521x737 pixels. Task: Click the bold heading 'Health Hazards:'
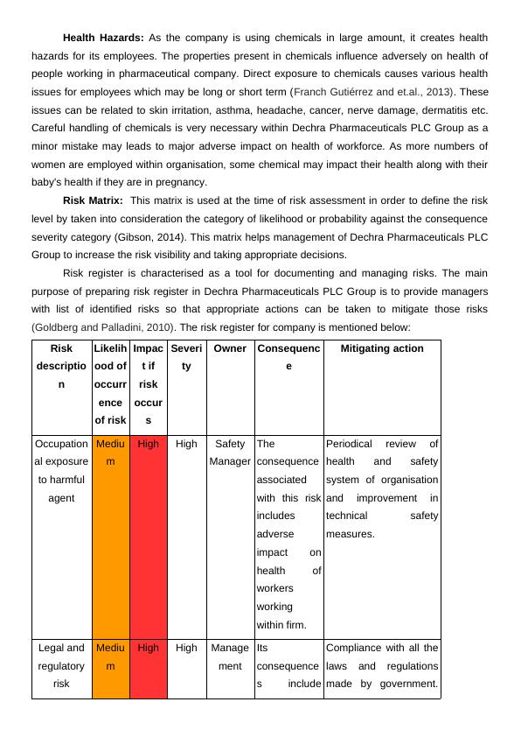[104, 38]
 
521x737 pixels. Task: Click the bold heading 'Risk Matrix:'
[92, 200]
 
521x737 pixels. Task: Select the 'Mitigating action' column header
[381, 348]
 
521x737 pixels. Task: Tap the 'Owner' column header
[230, 348]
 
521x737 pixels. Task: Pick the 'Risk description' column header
[61, 366]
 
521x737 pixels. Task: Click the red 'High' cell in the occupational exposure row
[149, 444]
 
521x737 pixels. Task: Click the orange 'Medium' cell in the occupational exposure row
[110, 453]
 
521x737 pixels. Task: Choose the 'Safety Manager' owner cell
[230, 453]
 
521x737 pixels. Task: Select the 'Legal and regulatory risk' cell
[61, 665]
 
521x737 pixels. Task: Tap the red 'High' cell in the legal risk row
[149, 648]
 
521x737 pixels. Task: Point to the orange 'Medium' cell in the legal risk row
[110, 656]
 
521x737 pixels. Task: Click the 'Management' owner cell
[230, 656]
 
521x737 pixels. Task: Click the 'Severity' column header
[186, 357]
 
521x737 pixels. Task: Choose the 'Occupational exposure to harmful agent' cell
[61, 471]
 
